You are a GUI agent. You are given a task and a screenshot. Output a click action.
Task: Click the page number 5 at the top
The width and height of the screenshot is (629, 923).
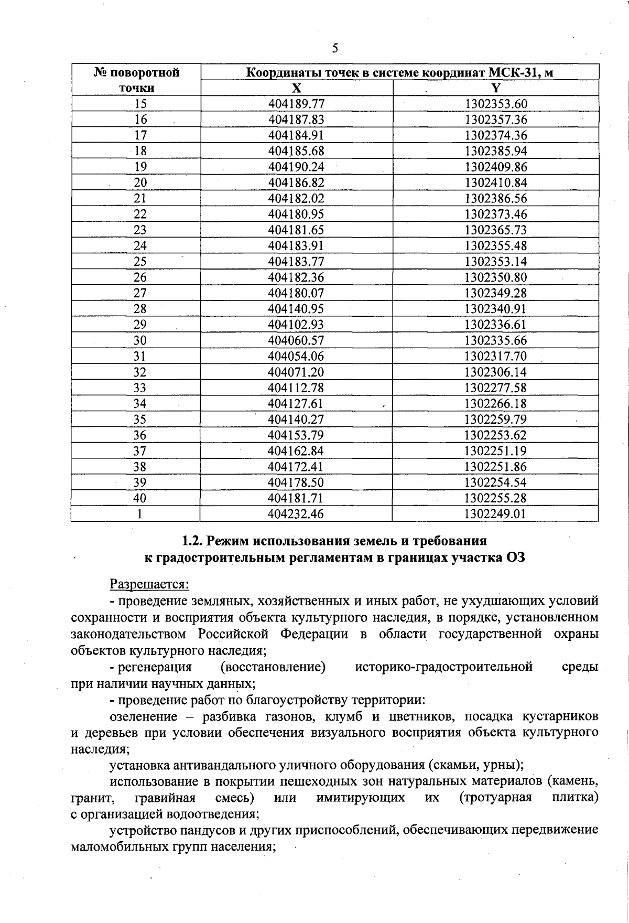[335, 48]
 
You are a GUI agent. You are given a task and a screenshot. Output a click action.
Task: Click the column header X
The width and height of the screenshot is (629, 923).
[297, 88]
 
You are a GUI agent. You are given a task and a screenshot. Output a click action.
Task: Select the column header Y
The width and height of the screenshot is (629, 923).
[496, 88]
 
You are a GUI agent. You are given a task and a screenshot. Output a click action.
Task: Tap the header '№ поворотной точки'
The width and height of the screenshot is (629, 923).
[136, 80]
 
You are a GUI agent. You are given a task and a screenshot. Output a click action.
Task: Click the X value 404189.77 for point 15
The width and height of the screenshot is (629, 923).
[296, 104]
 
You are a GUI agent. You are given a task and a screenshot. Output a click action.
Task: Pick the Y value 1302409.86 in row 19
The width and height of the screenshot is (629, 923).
[495, 167]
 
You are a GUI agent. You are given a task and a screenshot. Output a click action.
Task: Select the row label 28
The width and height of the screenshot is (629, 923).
[140, 309]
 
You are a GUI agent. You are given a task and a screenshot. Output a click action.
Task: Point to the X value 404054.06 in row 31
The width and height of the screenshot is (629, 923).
[296, 357]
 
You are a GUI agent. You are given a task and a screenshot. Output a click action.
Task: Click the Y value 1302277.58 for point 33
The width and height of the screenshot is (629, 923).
[495, 388]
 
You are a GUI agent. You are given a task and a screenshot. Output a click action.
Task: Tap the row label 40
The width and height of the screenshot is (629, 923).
[140, 498]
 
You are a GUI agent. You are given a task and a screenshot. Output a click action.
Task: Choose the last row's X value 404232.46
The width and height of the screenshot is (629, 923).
[296, 514]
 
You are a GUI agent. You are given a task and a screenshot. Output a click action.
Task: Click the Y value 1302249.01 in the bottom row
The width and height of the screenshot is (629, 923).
[495, 514]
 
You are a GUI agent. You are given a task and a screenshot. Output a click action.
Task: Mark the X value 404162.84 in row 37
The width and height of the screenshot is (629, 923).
[296, 451]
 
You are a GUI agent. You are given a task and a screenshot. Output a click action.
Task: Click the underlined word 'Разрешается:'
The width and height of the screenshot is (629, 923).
[149, 584]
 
